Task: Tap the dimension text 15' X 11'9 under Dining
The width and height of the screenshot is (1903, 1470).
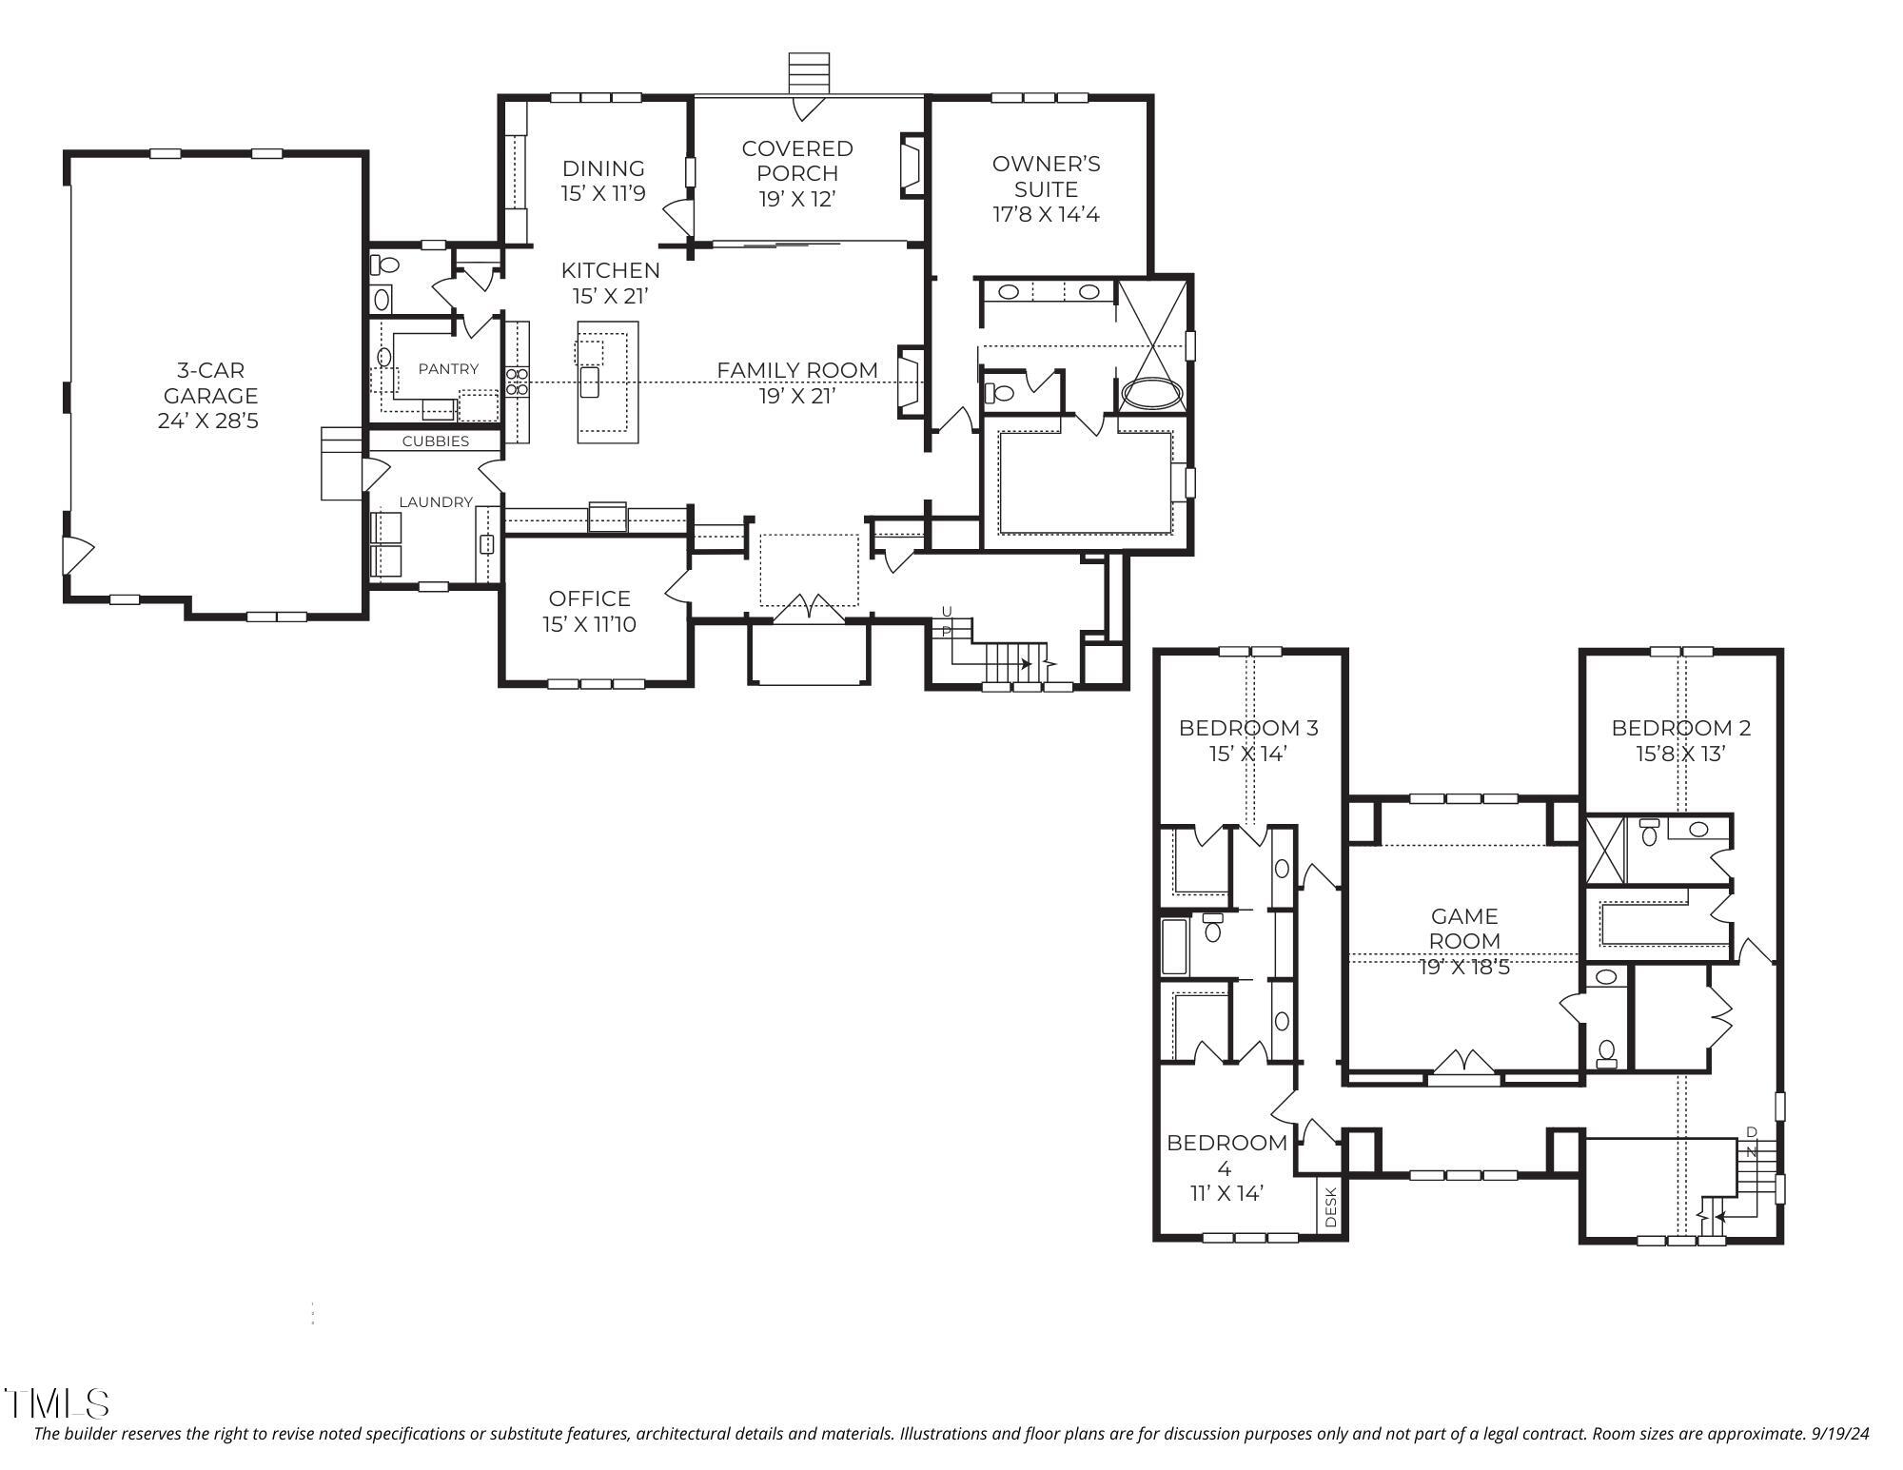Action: (603, 194)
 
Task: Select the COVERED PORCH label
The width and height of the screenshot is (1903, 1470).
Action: (797, 161)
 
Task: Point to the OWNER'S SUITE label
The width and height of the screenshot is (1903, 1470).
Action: (1046, 176)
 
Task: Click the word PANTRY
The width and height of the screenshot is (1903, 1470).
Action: (448, 369)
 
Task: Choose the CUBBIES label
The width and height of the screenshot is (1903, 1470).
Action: (435, 441)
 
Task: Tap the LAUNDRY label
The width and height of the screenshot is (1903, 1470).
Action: (435, 502)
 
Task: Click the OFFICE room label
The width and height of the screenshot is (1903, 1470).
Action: (589, 598)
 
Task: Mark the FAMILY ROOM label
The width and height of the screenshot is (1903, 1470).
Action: (796, 370)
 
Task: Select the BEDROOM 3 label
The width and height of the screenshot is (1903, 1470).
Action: (1247, 728)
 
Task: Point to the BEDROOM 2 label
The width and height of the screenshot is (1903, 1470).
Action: (1680, 728)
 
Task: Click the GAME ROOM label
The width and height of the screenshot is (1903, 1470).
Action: (1464, 928)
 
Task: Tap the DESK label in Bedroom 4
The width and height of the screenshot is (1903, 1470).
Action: (1331, 1207)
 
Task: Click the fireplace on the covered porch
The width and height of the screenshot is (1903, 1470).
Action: (911, 167)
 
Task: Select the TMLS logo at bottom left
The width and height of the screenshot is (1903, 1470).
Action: (57, 1403)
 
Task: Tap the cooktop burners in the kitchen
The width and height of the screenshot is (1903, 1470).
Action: (517, 382)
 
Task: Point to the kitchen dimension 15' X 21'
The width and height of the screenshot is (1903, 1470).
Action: (610, 296)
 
